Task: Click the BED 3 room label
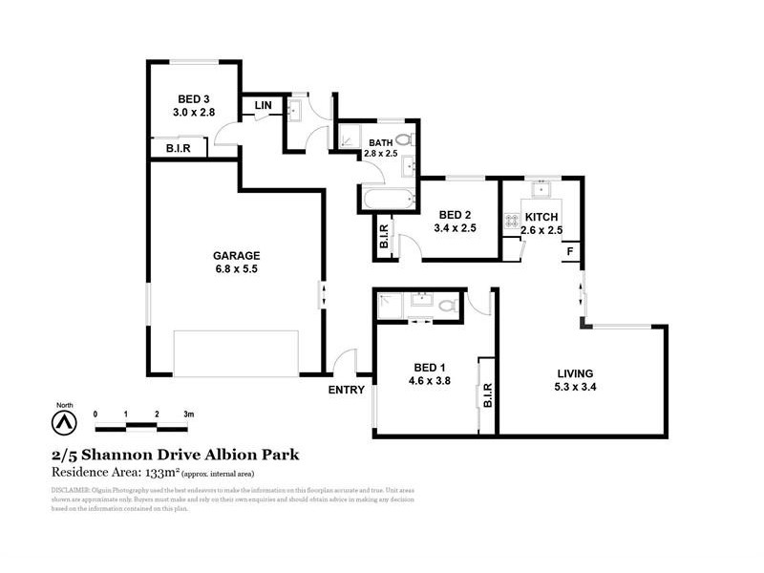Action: coord(194,98)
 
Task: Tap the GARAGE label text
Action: coord(237,255)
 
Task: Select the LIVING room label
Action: coord(576,372)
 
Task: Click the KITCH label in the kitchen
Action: coord(541,217)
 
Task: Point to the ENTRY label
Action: coord(347,390)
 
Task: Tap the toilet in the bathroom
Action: coord(405,140)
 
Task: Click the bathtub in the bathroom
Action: coord(388,200)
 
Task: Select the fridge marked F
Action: coord(571,251)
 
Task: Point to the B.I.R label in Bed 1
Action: coord(486,394)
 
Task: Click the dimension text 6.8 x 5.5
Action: coord(237,269)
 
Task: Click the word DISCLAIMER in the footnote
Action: coord(67,490)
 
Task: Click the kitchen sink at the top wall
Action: coord(541,183)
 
